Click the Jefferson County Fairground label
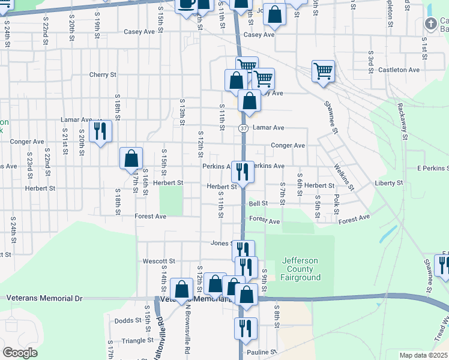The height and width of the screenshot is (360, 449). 300,269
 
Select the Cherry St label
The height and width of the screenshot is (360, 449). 103,75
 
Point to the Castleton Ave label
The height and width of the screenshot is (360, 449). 399,70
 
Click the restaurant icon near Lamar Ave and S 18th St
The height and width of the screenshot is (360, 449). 100,130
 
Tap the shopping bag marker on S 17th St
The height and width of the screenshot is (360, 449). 131,159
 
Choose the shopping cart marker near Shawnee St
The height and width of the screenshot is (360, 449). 323,71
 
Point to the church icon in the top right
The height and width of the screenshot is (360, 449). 430,23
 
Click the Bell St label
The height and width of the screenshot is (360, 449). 258,204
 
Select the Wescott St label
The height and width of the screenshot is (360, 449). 158,262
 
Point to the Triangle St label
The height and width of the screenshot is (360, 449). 138,340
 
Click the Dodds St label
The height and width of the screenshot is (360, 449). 127,321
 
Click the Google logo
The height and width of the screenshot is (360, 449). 20,353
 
